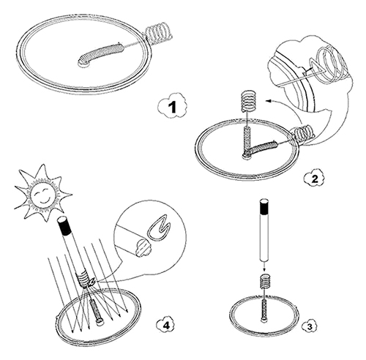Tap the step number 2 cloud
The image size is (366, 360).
315,179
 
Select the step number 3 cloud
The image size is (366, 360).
310,326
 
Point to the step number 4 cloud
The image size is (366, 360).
165,325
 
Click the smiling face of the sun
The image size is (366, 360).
43,195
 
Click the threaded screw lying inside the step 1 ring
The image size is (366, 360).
100,54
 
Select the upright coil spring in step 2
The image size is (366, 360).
249,101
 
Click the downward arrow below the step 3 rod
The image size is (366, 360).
264,266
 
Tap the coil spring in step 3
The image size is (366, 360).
264,281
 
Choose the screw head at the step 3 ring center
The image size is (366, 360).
264,320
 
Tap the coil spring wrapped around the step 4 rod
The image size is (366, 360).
83,280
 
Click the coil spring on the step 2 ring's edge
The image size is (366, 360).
303,132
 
